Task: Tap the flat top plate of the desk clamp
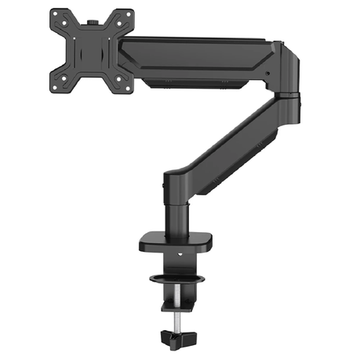click(176, 239)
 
